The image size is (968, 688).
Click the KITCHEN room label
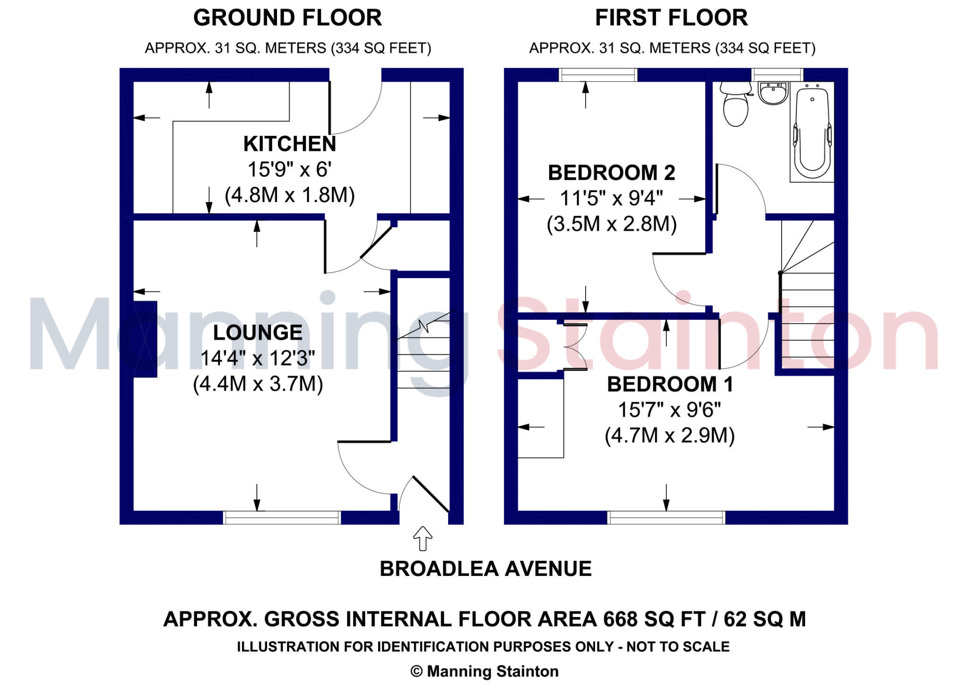(x=289, y=144)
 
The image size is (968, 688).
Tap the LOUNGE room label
(x=258, y=333)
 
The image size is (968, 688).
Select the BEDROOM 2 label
(x=612, y=173)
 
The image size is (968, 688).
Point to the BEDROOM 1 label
(x=670, y=384)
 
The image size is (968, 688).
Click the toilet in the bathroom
(x=735, y=105)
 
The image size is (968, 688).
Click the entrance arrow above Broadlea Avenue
(x=423, y=538)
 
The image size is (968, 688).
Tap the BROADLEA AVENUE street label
(x=485, y=569)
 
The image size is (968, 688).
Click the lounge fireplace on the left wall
(x=146, y=339)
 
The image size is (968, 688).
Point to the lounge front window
(x=282, y=518)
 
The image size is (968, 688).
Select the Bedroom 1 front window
(x=666, y=518)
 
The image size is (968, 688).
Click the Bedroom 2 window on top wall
(x=598, y=75)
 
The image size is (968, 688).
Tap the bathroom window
(x=777, y=75)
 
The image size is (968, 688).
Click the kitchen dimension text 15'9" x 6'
(x=289, y=169)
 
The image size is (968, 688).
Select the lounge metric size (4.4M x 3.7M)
(x=258, y=384)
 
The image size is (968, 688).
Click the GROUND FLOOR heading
(x=287, y=18)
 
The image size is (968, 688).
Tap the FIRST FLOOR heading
(x=671, y=18)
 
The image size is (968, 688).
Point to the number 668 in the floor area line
(x=620, y=619)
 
